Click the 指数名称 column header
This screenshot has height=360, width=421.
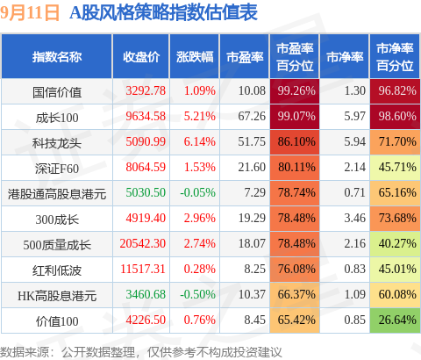[57, 57]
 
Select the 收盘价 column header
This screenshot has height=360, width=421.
[141, 57]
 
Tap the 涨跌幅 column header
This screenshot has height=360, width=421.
[195, 57]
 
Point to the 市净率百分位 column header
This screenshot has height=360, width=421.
[395, 57]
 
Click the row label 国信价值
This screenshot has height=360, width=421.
[57, 92]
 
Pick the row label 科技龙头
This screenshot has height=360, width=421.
[57, 143]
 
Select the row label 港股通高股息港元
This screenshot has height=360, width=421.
[57, 194]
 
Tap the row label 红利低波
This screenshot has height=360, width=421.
[57, 270]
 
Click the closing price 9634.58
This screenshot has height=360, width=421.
[146, 116]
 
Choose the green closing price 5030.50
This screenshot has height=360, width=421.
[146, 192]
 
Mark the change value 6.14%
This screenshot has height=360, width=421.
[200, 141]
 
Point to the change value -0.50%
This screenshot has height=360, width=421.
[197, 294]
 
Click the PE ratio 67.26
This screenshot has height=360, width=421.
[252, 116]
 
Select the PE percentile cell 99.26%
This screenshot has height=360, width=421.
[295, 90]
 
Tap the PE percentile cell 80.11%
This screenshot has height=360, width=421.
[295, 167]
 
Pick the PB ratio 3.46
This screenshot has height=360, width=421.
[354, 218]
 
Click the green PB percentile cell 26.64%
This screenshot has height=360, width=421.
[395, 320]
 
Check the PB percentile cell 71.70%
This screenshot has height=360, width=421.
[395, 141]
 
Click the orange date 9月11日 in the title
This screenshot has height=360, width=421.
[30, 13]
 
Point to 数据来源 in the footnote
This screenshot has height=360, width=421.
[25, 352]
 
